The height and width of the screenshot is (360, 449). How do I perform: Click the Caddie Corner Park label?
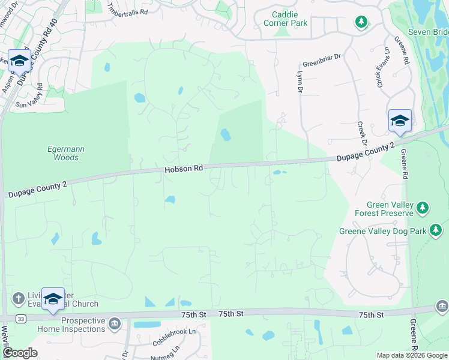click(x=285, y=19)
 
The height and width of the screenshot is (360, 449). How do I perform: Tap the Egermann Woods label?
click(x=63, y=153)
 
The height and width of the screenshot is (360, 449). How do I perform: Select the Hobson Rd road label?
click(x=184, y=170)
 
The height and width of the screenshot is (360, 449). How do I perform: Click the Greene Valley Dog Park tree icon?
click(x=435, y=230)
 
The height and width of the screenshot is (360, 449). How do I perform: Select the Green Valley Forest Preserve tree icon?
click(x=423, y=208)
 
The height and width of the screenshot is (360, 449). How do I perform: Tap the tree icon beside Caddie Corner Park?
click(x=361, y=23)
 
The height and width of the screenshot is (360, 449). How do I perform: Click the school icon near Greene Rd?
click(x=400, y=121)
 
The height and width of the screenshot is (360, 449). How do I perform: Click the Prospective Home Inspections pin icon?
click(x=115, y=324)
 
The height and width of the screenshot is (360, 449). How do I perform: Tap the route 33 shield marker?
click(x=21, y=318)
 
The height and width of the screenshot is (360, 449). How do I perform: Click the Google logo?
click(x=20, y=353)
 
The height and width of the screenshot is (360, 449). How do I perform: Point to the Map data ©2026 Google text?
click(x=411, y=355)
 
